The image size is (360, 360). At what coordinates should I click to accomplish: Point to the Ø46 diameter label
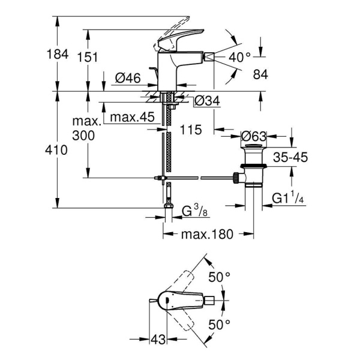127,78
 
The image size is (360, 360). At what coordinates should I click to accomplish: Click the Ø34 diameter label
207,101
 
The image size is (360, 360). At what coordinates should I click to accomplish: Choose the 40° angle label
239,58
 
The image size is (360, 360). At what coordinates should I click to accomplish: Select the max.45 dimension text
133,115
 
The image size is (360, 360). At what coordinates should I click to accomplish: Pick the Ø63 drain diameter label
254,136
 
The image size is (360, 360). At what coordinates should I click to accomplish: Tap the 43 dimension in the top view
157,340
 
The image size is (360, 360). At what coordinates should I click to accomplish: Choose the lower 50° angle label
219,325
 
